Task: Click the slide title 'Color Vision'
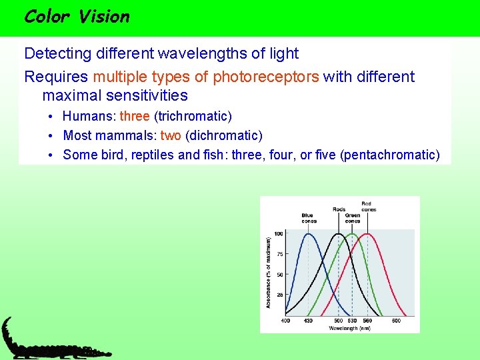[76, 17]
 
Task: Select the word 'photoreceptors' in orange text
[266, 77]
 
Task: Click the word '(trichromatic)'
[193, 116]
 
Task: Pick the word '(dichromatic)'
[224, 135]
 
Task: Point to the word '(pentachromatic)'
[390, 155]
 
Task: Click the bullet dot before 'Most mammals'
[51, 136]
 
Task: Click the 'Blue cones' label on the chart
[307, 218]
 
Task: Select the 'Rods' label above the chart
[339, 209]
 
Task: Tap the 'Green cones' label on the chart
[353, 218]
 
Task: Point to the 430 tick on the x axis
[308, 321]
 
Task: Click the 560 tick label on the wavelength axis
[367, 321]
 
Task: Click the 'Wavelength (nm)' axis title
[349, 328]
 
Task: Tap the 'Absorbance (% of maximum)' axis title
[269, 272]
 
